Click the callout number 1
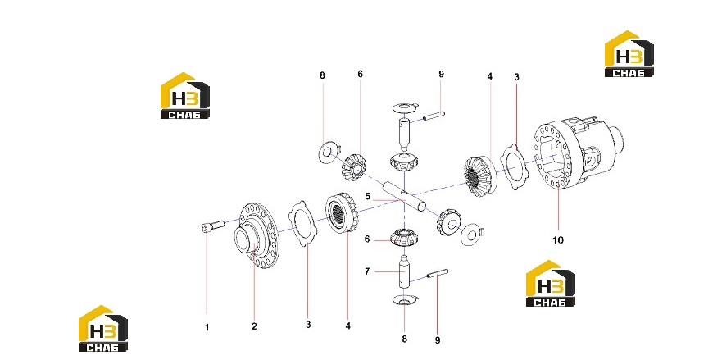pos(207,327)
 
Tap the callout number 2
pos(254,326)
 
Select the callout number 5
pos(367,197)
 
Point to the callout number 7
pos(367,271)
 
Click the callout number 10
pos(558,240)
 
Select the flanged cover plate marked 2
pos(257,236)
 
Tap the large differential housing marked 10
pos(579,153)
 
